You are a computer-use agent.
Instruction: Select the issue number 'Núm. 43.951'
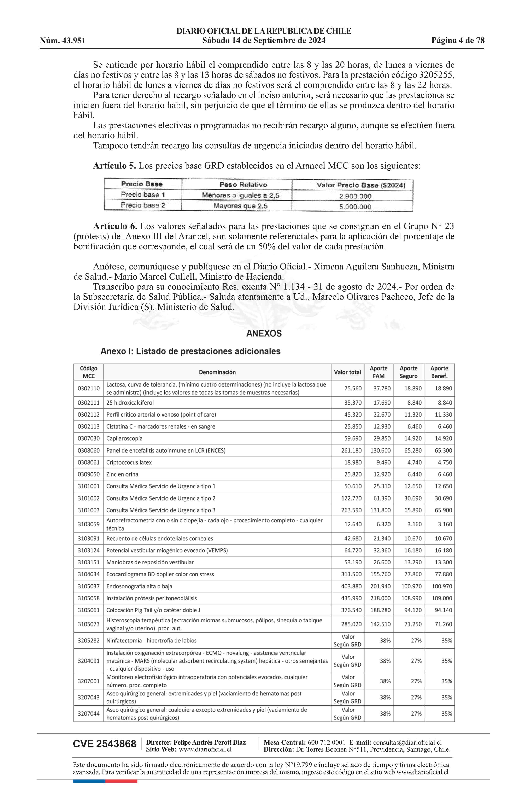pos(63,41)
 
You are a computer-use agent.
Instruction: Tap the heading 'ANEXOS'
pos(264,334)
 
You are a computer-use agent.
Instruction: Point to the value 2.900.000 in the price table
pos(355,196)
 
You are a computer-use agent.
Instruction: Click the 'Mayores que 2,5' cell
pos(240,206)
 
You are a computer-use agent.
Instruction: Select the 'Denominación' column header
pos(217,372)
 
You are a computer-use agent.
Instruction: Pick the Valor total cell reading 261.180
pos(351,450)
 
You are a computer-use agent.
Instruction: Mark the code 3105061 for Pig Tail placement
pos(89,610)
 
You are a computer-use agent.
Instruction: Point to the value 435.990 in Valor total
pos(351,598)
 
